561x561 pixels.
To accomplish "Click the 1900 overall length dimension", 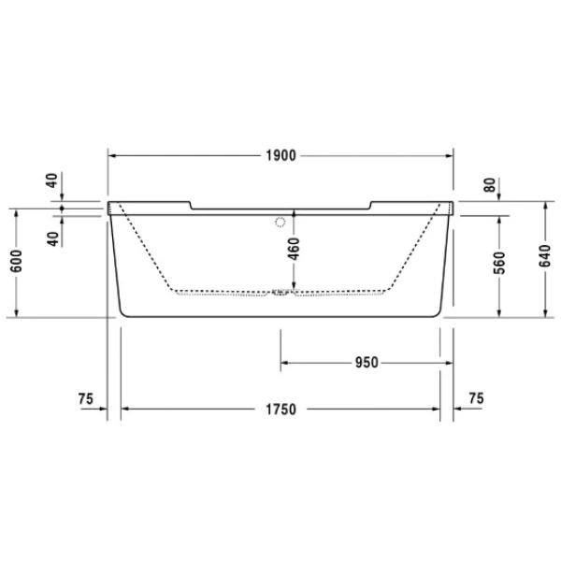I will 280,156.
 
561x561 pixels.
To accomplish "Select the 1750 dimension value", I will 280,410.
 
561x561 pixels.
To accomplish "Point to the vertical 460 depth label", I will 294,251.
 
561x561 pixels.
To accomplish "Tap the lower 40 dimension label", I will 52,237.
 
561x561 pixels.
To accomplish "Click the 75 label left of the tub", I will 86,399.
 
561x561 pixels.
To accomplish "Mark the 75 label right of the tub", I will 475,399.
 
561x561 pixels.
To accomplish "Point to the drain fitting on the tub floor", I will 280,294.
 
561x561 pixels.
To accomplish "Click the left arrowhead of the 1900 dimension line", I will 113,156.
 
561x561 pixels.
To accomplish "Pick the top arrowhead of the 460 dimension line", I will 294,213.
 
